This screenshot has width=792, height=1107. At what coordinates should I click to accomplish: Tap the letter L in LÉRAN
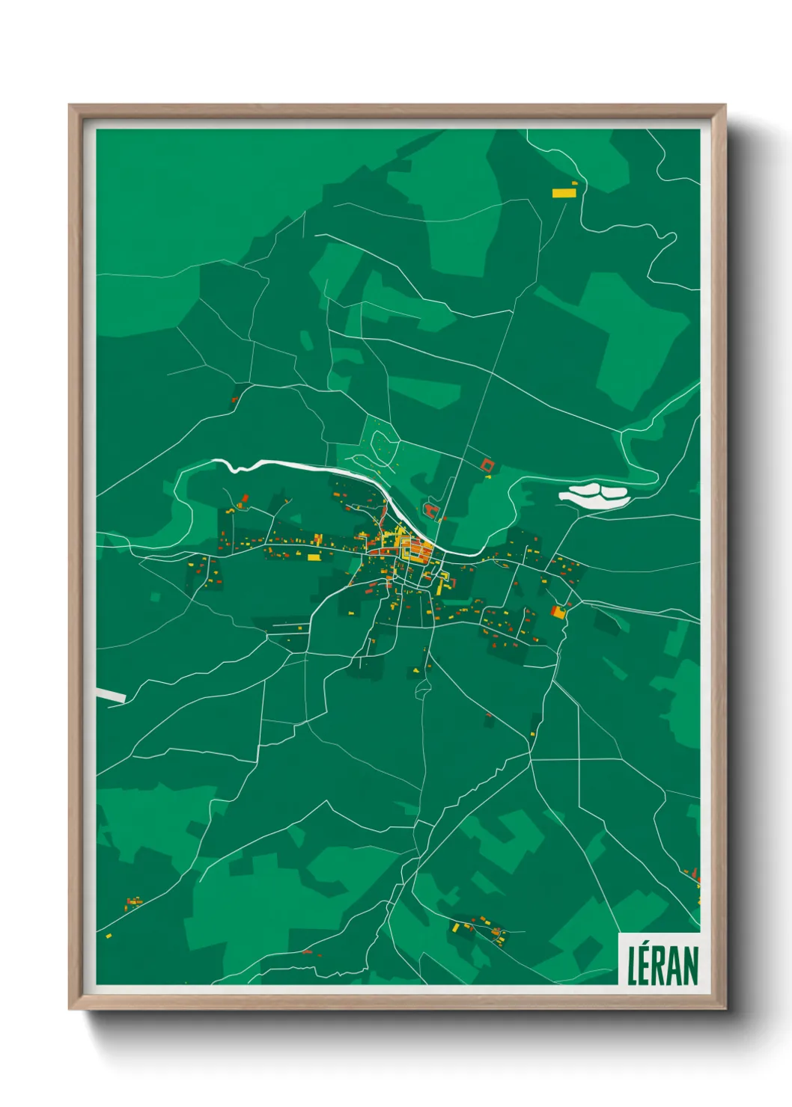click(x=632, y=966)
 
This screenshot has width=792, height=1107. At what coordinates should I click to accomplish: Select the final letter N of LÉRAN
click(x=689, y=966)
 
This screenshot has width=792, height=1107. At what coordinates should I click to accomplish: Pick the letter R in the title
click(x=660, y=966)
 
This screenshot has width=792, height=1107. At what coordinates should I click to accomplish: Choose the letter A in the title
click(x=674, y=966)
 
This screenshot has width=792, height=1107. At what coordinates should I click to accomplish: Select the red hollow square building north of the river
click(x=488, y=465)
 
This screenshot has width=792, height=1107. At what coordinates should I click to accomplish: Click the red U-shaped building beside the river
click(x=430, y=511)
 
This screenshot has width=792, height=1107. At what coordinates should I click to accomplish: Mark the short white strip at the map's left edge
click(x=110, y=695)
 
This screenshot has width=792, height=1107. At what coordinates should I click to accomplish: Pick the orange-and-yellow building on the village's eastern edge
click(x=558, y=612)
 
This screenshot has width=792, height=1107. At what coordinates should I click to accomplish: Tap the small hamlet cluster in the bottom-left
click(x=133, y=902)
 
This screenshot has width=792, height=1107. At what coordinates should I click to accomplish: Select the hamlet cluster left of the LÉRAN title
click(x=479, y=927)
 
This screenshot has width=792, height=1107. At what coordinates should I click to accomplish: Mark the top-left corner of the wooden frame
click(x=70, y=106)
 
